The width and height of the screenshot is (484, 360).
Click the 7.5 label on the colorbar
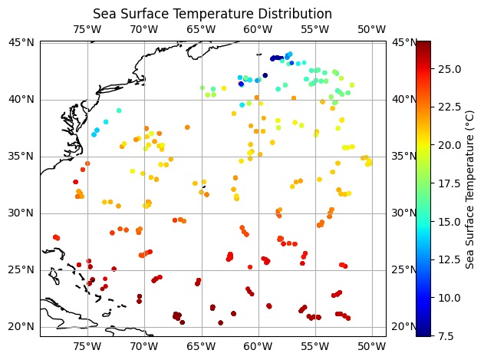(446, 335)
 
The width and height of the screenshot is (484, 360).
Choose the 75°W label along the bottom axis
(87, 345)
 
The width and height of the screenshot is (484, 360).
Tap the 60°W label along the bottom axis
(258, 345)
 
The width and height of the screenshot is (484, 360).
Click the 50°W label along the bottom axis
(371, 345)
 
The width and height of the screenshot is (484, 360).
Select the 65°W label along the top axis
(201, 30)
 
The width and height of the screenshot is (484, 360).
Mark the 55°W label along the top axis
(314, 30)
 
